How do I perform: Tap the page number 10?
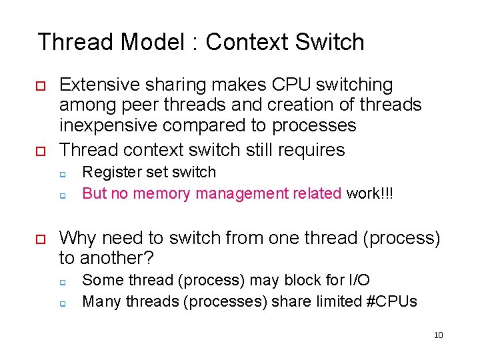tap(438, 335)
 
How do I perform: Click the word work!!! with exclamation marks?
tap(369, 193)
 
